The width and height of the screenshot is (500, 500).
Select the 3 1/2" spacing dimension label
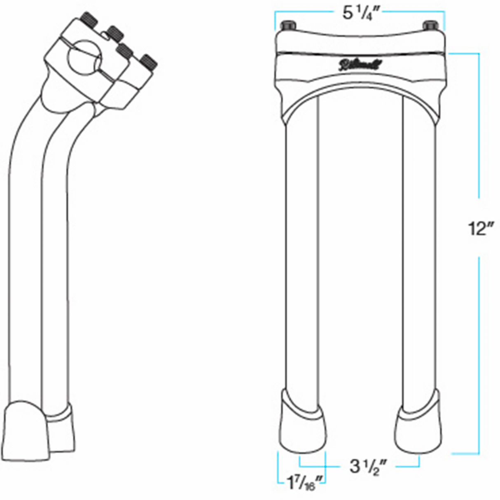367,467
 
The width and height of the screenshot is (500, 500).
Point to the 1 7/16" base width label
304,482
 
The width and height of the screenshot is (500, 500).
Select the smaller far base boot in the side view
62,428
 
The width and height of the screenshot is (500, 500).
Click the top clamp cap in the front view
361,41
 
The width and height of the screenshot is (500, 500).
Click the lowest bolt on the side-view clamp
148,62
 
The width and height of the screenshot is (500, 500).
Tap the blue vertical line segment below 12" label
479,354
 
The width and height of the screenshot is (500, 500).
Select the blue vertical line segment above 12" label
479,124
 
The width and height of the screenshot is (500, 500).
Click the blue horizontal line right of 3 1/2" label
408,466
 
